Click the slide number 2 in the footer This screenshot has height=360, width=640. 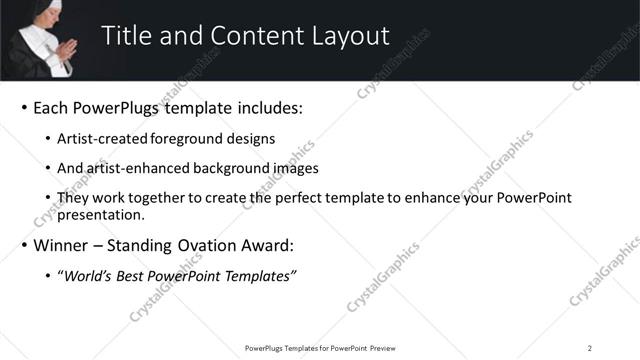590,347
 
